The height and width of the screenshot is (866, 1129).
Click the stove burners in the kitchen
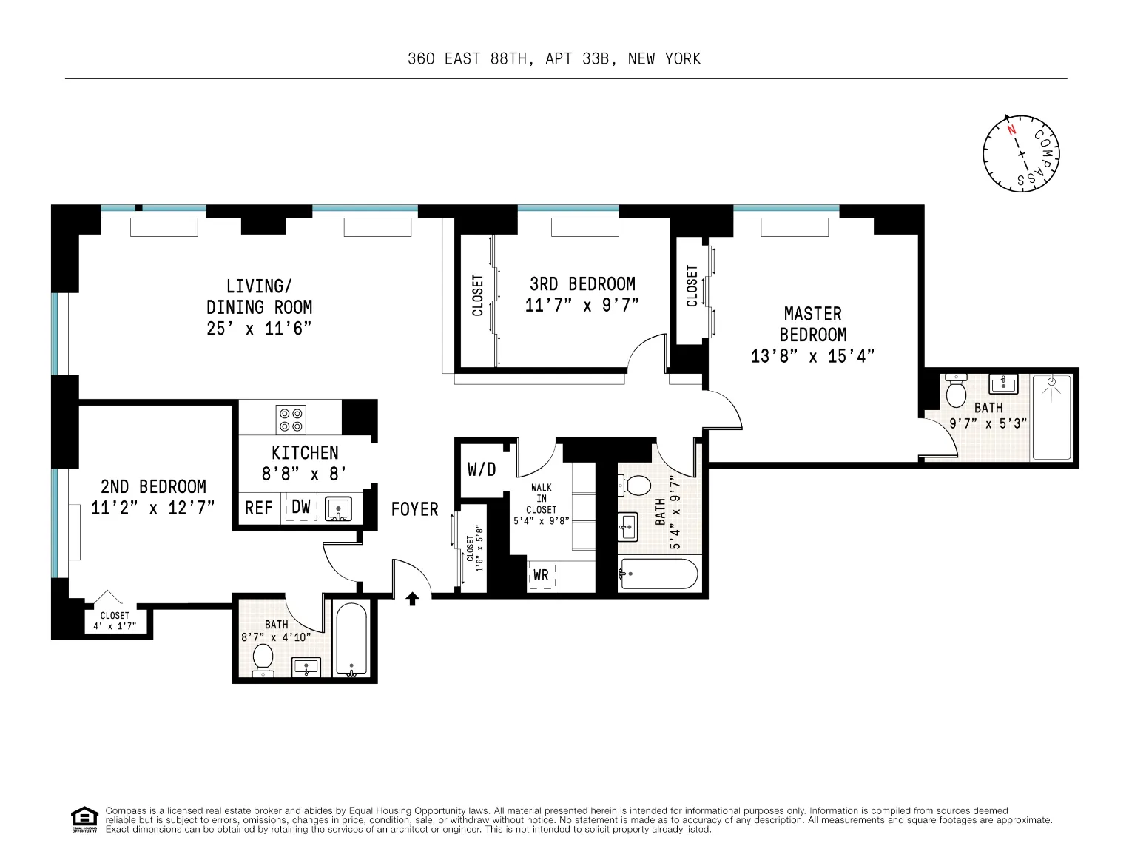(291, 420)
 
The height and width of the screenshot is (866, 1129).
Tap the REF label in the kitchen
(259, 508)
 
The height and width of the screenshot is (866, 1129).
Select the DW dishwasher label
(301, 507)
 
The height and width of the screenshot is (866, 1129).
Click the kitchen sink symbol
(339, 509)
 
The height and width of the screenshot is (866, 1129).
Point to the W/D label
(482, 469)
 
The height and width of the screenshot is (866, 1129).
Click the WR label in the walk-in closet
(541, 575)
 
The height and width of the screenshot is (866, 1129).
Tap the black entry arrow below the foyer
(413, 598)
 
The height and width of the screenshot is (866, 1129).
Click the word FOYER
(414, 509)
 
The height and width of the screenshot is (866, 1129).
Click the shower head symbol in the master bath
(1051, 383)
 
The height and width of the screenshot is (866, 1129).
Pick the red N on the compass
(1011, 130)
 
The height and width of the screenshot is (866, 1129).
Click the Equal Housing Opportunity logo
(84, 819)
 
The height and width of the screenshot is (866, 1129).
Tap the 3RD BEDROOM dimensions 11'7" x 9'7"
(582, 305)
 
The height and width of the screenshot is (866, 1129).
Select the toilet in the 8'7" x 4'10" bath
(263, 658)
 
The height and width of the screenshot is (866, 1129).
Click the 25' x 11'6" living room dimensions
(259, 328)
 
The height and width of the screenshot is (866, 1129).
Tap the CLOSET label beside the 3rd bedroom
(478, 296)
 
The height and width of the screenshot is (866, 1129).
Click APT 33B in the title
(579, 59)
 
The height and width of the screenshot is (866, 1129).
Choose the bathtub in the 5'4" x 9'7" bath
(658, 574)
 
